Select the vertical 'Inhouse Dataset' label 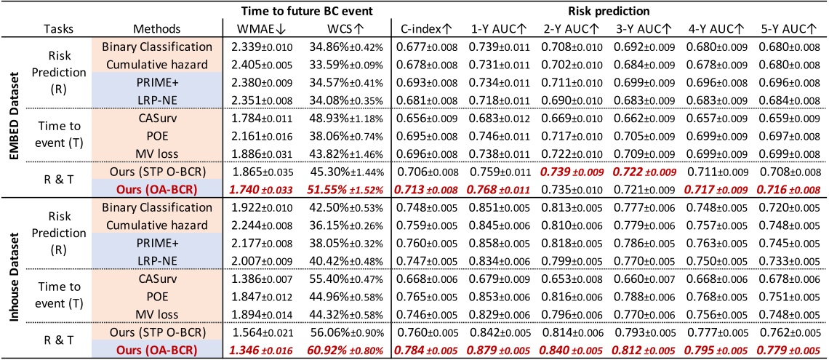tap(12, 273)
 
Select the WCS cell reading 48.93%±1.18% tap(334, 116)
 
